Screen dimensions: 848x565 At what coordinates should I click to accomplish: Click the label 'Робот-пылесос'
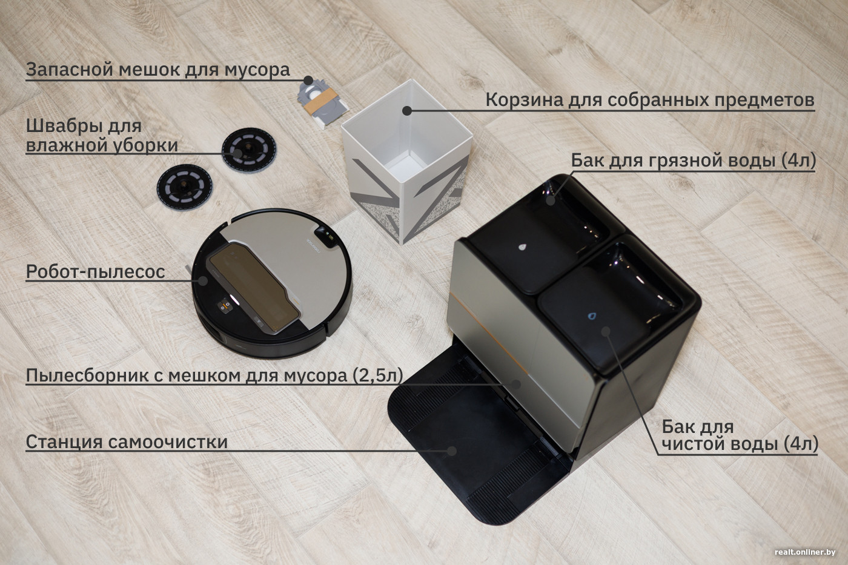pos(96,272)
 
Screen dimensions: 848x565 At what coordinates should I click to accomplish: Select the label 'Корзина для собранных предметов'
pos(650,100)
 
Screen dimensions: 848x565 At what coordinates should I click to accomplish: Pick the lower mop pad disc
pos(184,186)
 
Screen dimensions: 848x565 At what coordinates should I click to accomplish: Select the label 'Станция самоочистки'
pos(127,441)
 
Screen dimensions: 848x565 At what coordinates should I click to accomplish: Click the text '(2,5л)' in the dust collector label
pos(377,375)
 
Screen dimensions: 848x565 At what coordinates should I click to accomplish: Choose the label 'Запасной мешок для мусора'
pos(158,70)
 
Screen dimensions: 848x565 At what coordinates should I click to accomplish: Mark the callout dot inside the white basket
pos(407,110)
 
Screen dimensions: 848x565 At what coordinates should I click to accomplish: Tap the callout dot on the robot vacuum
pos(204,280)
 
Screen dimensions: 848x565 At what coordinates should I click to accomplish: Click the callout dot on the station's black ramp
pos(451,451)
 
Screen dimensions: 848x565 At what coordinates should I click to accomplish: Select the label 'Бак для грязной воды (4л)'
pos(693,160)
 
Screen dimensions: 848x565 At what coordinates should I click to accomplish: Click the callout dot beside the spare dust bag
pos(308,80)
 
